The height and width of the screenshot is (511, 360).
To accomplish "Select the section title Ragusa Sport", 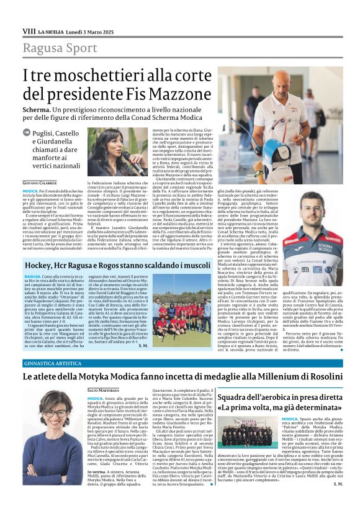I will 60,48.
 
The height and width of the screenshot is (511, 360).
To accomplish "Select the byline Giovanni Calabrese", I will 39,184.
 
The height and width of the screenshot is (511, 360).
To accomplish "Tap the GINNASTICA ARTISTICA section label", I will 54,345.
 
